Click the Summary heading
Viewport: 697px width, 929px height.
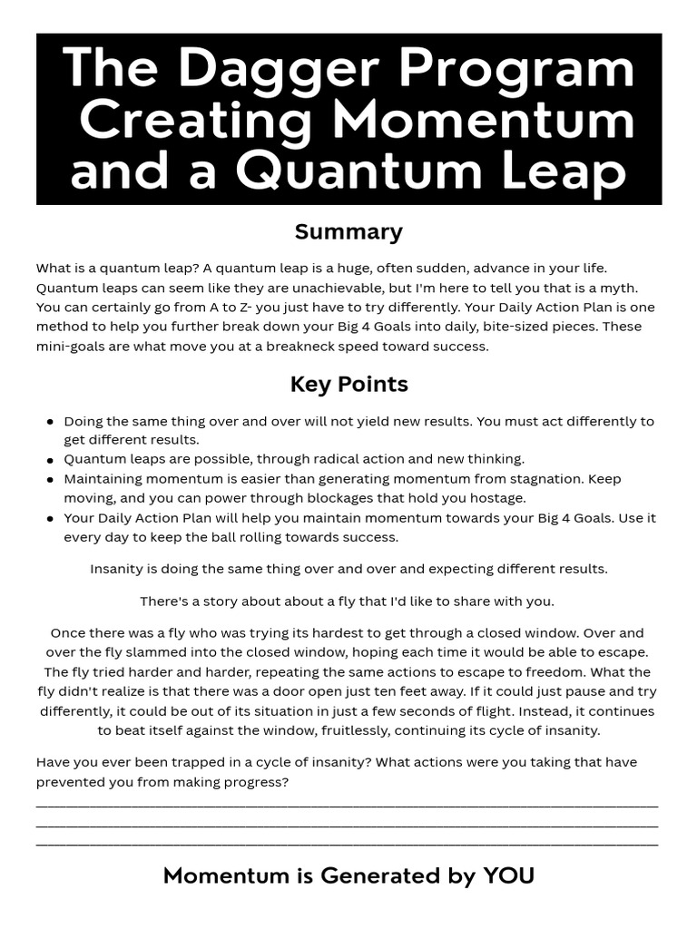click(x=348, y=232)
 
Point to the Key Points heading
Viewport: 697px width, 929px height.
click(x=348, y=385)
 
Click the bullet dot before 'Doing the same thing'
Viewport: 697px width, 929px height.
click(x=49, y=422)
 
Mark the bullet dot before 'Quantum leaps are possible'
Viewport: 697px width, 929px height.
click(x=49, y=459)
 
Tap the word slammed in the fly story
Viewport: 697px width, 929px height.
click(x=147, y=652)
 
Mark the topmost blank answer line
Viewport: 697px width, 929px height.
click(x=347, y=806)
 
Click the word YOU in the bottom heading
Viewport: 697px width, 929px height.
click(x=508, y=876)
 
